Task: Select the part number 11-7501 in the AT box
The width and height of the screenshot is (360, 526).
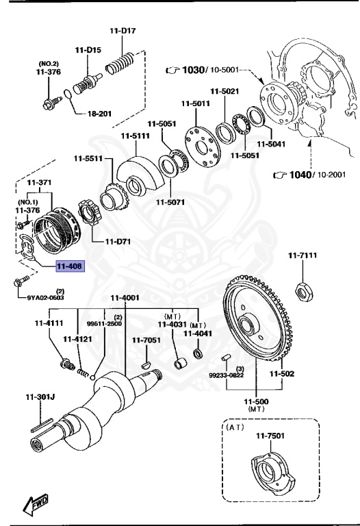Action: (x=270, y=435)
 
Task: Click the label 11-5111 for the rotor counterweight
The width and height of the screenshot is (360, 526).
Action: (x=136, y=136)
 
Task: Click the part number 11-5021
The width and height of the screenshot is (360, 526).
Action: (x=224, y=91)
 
